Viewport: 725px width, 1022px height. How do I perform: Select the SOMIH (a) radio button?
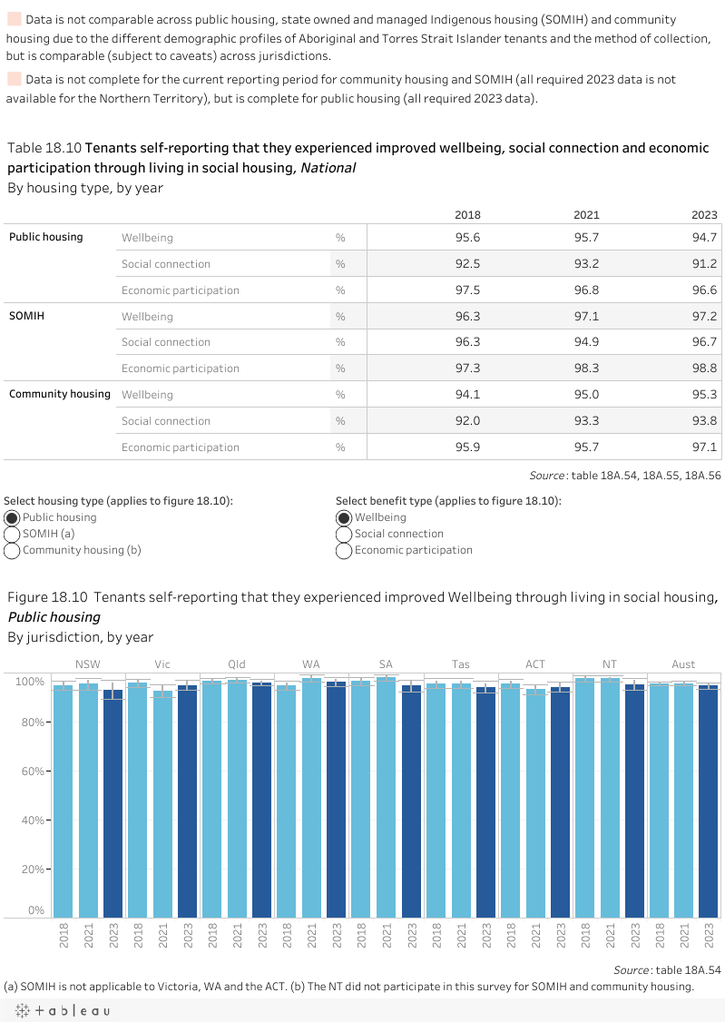pyautogui.click(x=13, y=534)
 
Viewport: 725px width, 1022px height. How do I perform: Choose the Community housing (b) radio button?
pyautogui.click(x=13, y=550)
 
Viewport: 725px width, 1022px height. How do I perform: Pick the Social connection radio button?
pyautogui.click(x=344, y=534)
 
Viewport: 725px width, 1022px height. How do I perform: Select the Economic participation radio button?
pyautogui.click(x=344, y=550)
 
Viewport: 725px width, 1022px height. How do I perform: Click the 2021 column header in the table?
pyautogui.click(x=586, y=215)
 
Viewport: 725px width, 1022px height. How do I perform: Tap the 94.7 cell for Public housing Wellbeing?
pyautogui.click(x=704, y=238)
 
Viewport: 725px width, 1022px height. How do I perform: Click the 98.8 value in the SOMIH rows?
pyautogui.click(x=704, y=369)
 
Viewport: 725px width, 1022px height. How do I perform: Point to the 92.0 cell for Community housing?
pyautogui.click(x=468, y=421)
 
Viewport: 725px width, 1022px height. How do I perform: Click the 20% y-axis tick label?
pyautogui.click(x=32, y=870)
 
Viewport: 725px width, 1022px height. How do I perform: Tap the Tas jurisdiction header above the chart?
pyautogui.click(x=460, y=664)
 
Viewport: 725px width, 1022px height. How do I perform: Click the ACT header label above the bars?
pyautogui.click(x=534, y=664)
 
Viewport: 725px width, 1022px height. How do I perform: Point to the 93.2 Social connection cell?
pyautogui.click(x=586, y=264)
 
